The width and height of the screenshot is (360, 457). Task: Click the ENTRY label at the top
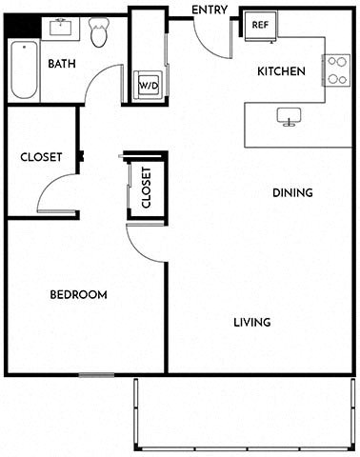click(210, 10)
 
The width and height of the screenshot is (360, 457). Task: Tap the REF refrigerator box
click(260, 26)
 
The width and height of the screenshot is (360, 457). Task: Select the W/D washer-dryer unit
click(149, 85)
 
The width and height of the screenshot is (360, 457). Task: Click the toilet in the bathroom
click(99, 32)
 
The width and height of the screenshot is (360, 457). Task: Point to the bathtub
click(24, 70)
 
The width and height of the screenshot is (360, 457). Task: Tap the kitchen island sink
click(289, 117)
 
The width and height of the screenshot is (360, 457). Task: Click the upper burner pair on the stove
click(337, 61)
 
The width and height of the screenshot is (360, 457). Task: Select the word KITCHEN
click(281, 71)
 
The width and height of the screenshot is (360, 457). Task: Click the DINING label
click(292, 192)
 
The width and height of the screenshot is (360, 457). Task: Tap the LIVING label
click(252, 323)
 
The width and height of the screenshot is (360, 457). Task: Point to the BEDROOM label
click(78, 295)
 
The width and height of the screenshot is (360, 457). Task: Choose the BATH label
click(62, 64)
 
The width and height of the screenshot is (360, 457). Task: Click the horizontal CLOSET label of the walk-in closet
click(41, 157)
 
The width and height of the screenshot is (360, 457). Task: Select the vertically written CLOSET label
click(147, 188)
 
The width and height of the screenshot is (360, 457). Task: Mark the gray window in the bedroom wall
click(96, 375)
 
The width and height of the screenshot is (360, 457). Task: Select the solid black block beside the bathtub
click(23, 26)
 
